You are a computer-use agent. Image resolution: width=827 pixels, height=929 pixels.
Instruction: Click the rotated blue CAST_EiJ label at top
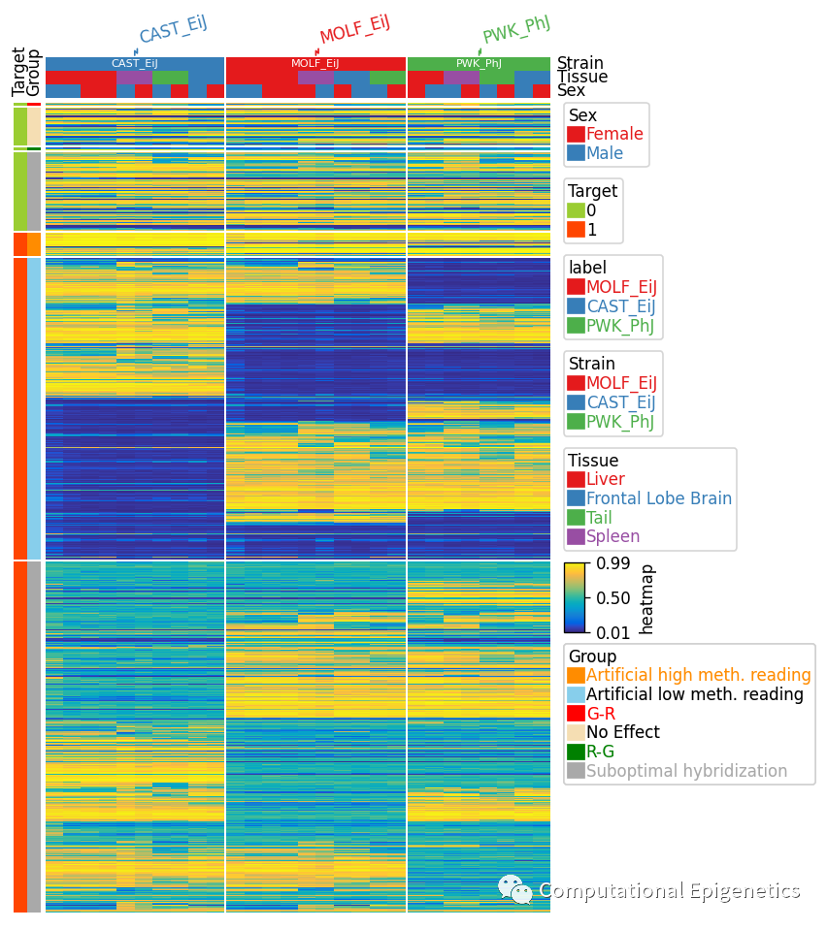(173, 30)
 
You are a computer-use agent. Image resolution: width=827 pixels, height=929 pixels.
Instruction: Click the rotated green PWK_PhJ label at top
(516, 30)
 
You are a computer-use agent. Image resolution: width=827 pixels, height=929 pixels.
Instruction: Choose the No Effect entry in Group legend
(622, 732)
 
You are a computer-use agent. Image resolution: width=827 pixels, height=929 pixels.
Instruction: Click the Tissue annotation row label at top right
(582, 77)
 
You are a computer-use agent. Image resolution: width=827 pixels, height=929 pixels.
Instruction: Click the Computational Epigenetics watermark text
(669, 890)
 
